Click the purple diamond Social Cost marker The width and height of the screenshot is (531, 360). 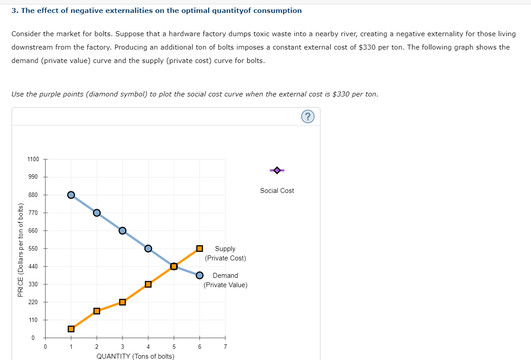tap(277, 170)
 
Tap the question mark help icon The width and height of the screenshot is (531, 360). tap(308, 117)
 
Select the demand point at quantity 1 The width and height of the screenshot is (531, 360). tap(71, 195)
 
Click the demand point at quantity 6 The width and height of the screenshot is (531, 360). tap(200, 275)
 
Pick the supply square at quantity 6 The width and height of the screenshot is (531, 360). tap(200, 248)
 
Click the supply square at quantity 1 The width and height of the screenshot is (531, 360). tap(71, 329)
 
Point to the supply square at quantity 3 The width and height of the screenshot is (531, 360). tap(122, 302)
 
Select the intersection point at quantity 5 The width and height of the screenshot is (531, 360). tap(174, 267)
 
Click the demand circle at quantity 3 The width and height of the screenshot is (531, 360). tap(122, 230)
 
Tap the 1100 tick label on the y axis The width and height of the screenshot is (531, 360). tap(34, 159)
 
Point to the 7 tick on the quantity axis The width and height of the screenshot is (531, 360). tap(225, 347)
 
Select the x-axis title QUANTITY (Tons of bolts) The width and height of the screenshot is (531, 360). tap(135, 356)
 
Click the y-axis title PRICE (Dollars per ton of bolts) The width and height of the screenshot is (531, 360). tap(20, 249)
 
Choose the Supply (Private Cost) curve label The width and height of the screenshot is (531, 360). tap(225, 253)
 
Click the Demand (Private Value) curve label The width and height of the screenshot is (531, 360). tap(225, 280)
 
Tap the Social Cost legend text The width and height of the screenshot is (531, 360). tap(277, 191)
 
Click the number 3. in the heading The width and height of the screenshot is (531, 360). tap(15, 10)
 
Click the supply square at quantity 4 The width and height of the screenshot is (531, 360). tap(148, 284)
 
